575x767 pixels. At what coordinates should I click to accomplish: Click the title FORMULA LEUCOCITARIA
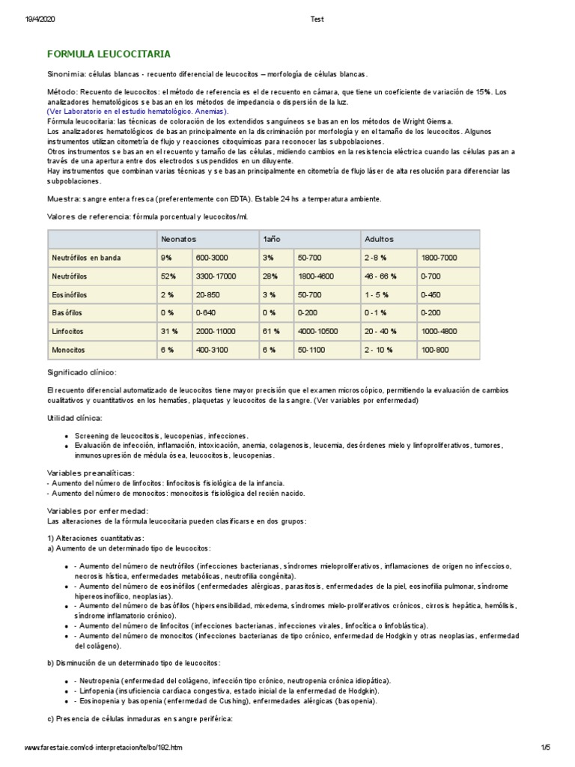tap(109, 55)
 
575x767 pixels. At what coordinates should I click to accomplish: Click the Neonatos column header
tap(178, 239)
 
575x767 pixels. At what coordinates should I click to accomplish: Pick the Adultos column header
tap(378, 239)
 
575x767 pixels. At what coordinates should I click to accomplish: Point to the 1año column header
tap(270, 239)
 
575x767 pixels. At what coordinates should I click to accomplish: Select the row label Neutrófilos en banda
tap(86, 258)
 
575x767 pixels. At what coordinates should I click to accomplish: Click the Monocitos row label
tap(68, 349)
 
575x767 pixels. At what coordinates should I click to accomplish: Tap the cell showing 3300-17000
tap(217, 276)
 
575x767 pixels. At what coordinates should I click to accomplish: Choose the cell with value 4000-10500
tap(318, 330)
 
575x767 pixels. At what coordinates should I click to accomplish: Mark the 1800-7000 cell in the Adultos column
tap(438, 258)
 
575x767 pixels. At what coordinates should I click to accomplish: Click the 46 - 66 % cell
tap(381, 276)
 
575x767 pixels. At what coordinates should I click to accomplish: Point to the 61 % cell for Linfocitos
tap(271, 330)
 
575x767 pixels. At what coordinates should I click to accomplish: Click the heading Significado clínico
tap(82, 372)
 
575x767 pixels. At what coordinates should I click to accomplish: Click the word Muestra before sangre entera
tap(63, 198)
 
